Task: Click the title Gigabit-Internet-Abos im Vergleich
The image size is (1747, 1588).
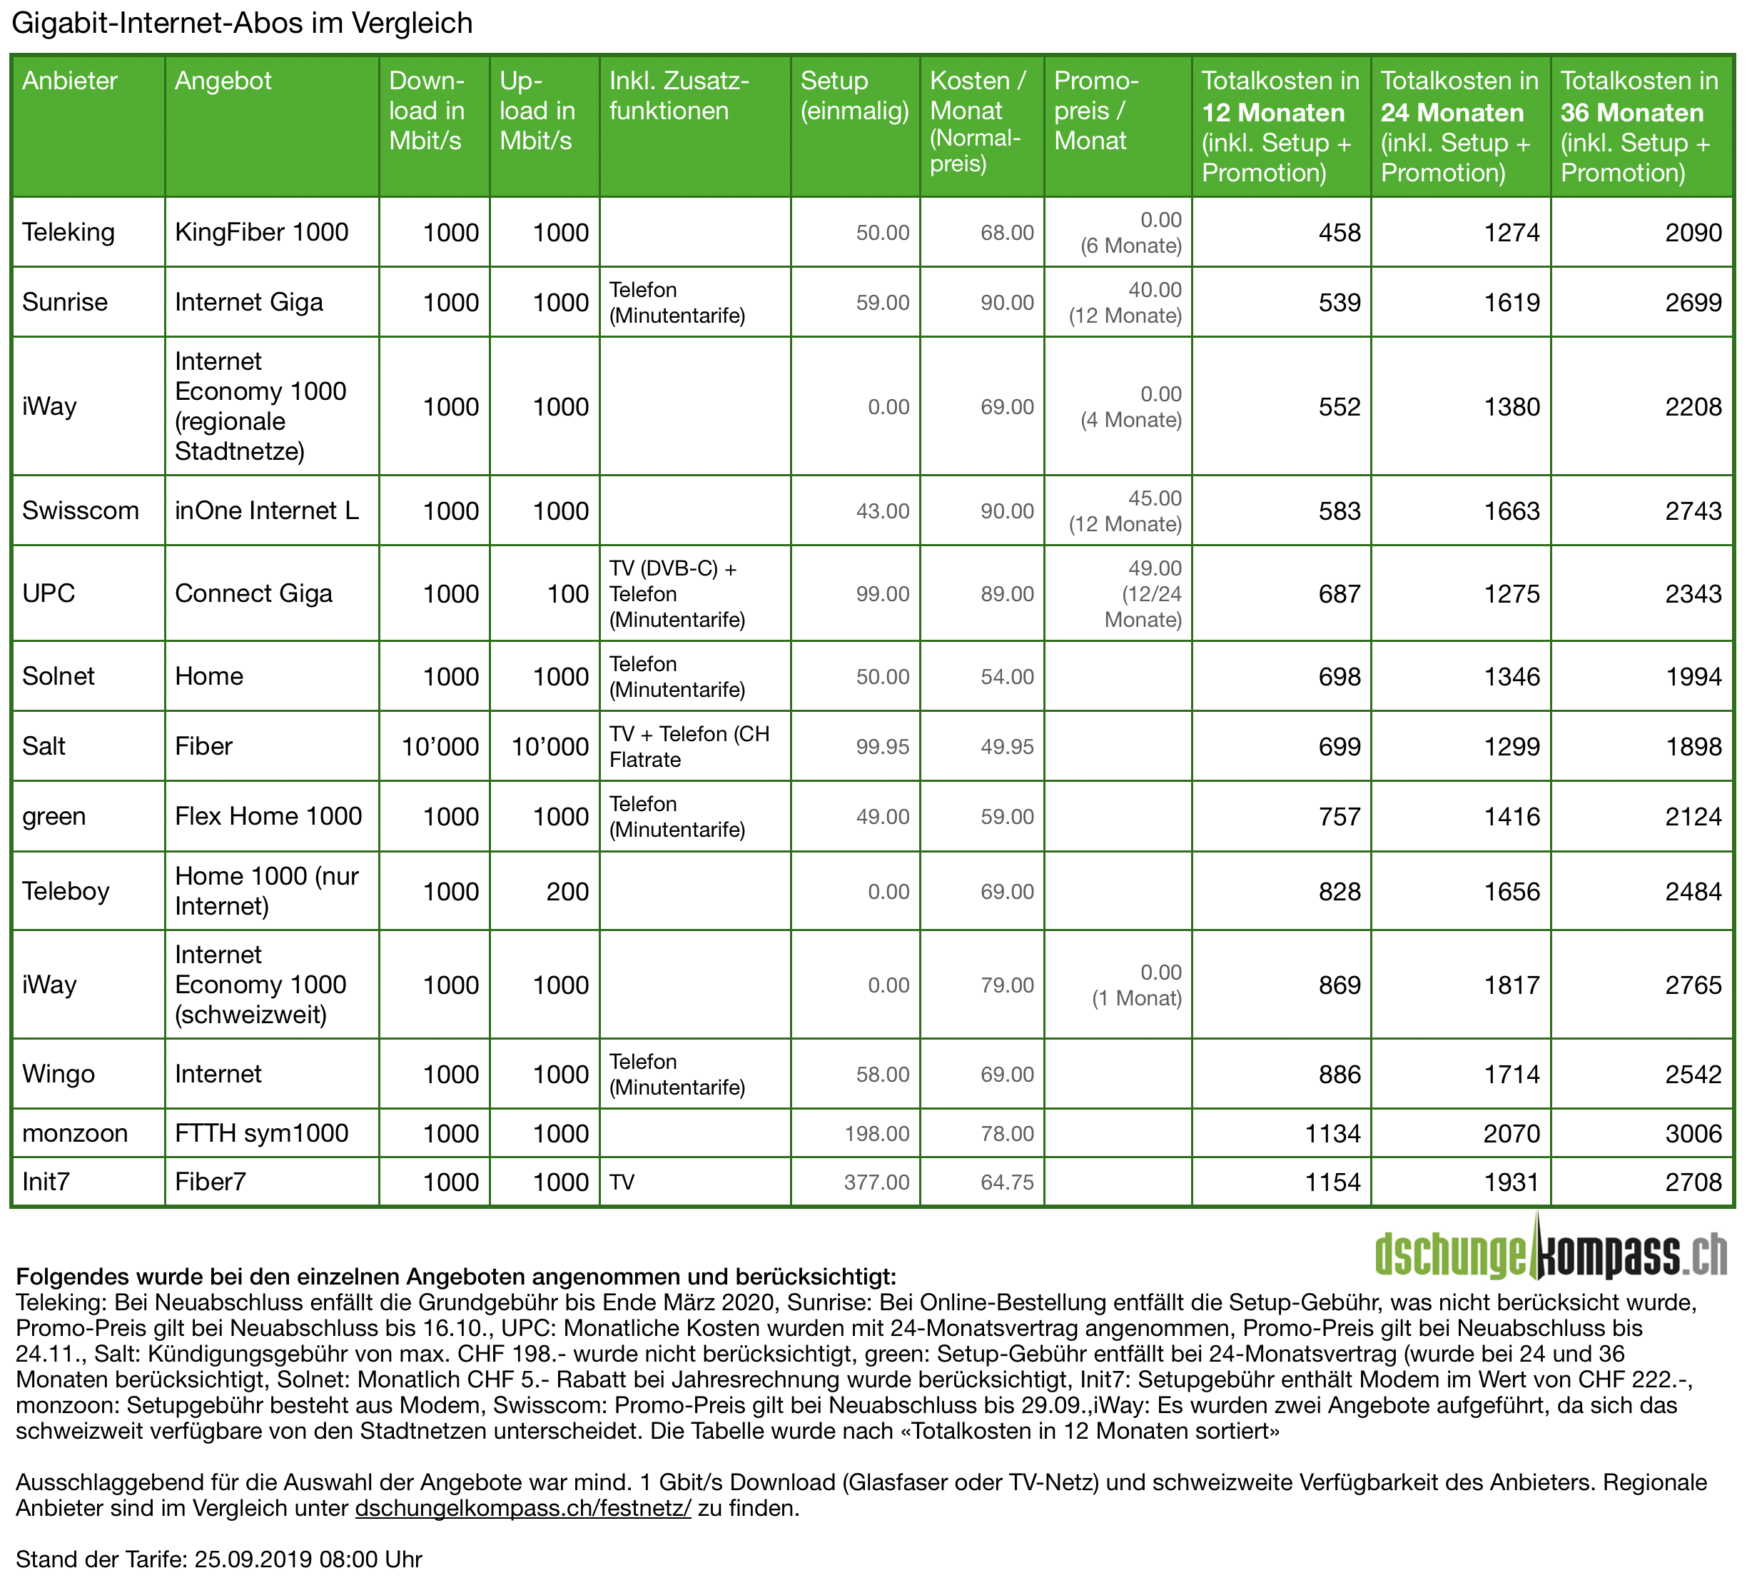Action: coord(242,24)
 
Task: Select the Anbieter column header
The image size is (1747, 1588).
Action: coord(69,81)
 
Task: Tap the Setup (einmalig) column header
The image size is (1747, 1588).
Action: coord(854,96)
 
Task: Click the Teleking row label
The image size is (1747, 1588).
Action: coord(69,232)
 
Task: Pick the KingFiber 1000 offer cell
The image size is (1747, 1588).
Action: coord(261,232)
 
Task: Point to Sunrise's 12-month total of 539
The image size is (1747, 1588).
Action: coord(1339,303)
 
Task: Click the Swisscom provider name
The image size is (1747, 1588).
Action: coord(81,511)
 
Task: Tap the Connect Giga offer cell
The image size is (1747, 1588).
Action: coord(253,594)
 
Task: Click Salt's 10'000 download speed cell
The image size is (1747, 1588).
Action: coord(440,746)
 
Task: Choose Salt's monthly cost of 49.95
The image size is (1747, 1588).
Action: coord(1007,746)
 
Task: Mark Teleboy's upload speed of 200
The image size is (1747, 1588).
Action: coord(567,891)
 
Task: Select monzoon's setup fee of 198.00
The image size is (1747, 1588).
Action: coord(877,1133)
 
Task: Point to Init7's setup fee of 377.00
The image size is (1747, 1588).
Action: coord(877,1182)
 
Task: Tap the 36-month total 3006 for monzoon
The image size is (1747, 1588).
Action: coord(1693,1133)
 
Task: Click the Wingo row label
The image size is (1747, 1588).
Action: coord(58,1074)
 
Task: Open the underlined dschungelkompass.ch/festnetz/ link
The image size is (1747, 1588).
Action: coord(523,1508)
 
